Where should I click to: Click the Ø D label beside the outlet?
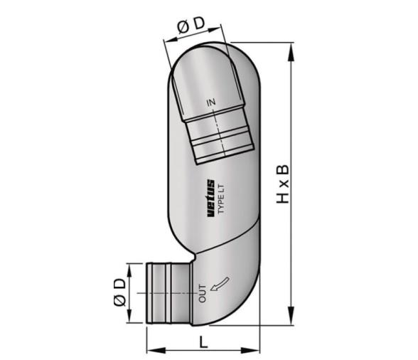coord(119,292)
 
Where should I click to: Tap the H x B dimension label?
coord(282,184)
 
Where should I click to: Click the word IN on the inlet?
coord(211,102)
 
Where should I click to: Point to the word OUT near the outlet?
coord(203,294)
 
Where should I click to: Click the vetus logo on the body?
coord(210,198)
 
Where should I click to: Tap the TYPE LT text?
coord(221,198)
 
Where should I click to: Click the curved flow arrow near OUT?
coord(220,284)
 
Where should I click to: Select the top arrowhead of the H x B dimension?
coord(291,51)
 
